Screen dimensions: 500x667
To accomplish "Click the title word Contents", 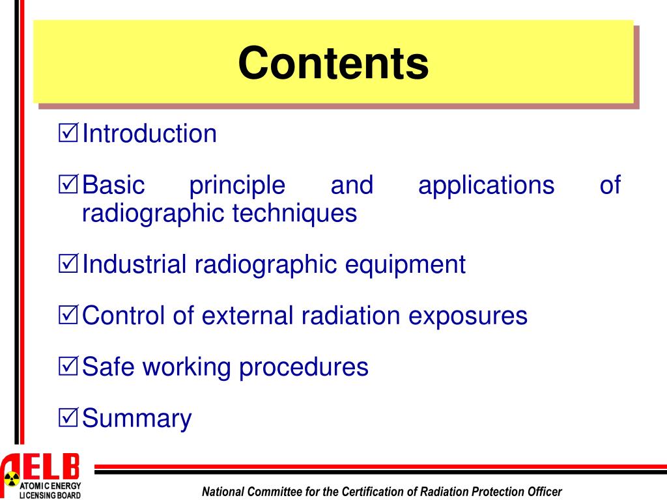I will (x=333, y=64).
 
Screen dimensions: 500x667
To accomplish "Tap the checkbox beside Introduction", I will (x=68, y=134).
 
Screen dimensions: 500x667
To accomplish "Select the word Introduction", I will (x=149, y=134).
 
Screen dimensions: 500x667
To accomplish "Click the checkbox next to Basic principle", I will (x=68, y=186).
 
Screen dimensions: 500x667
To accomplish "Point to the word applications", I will (x=486, y=186).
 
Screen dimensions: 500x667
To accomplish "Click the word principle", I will (x=237, y=186).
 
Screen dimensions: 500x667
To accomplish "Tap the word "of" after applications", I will (x=610, y=186).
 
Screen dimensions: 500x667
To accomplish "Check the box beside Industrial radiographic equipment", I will (x=68, y=265).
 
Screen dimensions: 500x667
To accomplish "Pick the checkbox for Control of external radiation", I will (x=68, y=316).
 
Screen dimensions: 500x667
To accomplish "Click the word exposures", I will (x=468, y=316).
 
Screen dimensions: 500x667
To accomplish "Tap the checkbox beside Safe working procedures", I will (x=68, y=367).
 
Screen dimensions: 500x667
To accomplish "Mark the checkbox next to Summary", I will (x=68, y=418).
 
